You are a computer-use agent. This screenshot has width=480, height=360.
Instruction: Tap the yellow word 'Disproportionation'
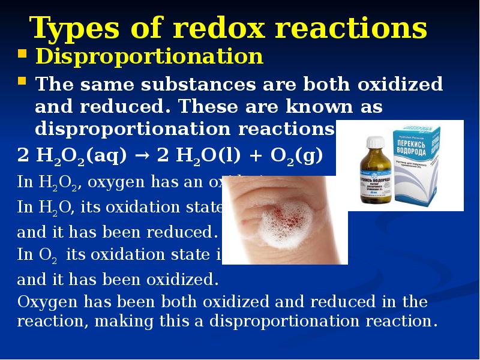point(149,56)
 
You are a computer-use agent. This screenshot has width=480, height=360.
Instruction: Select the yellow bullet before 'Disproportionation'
point(22,56)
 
